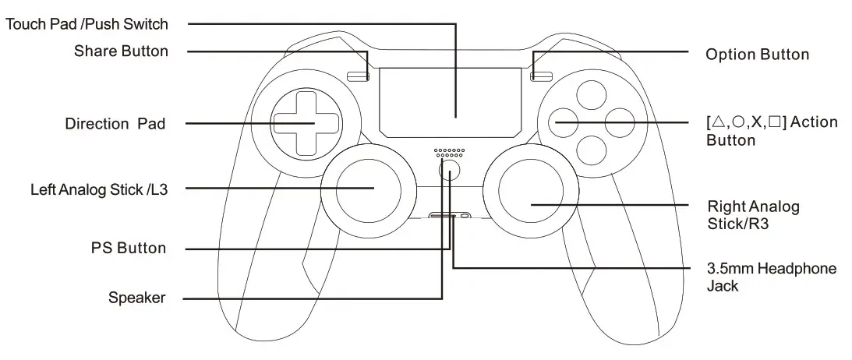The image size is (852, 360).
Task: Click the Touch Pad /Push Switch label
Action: tap(87, 24)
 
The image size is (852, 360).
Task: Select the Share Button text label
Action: tap(121, 52)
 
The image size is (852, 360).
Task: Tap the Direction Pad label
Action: tap(115, 124)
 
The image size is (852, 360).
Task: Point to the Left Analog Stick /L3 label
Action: tap(97, 189)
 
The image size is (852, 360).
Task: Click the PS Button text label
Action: tap(127, 249)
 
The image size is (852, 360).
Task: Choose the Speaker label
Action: tap(137, 298)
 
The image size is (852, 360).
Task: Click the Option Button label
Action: tap(757, 55)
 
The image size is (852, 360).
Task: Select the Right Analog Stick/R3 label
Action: tap(753, 216)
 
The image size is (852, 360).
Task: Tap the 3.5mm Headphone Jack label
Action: tap(771, 277)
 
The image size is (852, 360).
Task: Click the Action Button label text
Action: tap(771, 131)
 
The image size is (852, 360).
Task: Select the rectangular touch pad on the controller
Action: tap(450, 101)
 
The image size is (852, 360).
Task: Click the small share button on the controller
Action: tap(359, 76)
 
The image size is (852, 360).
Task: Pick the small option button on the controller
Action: tap(542, 76)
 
